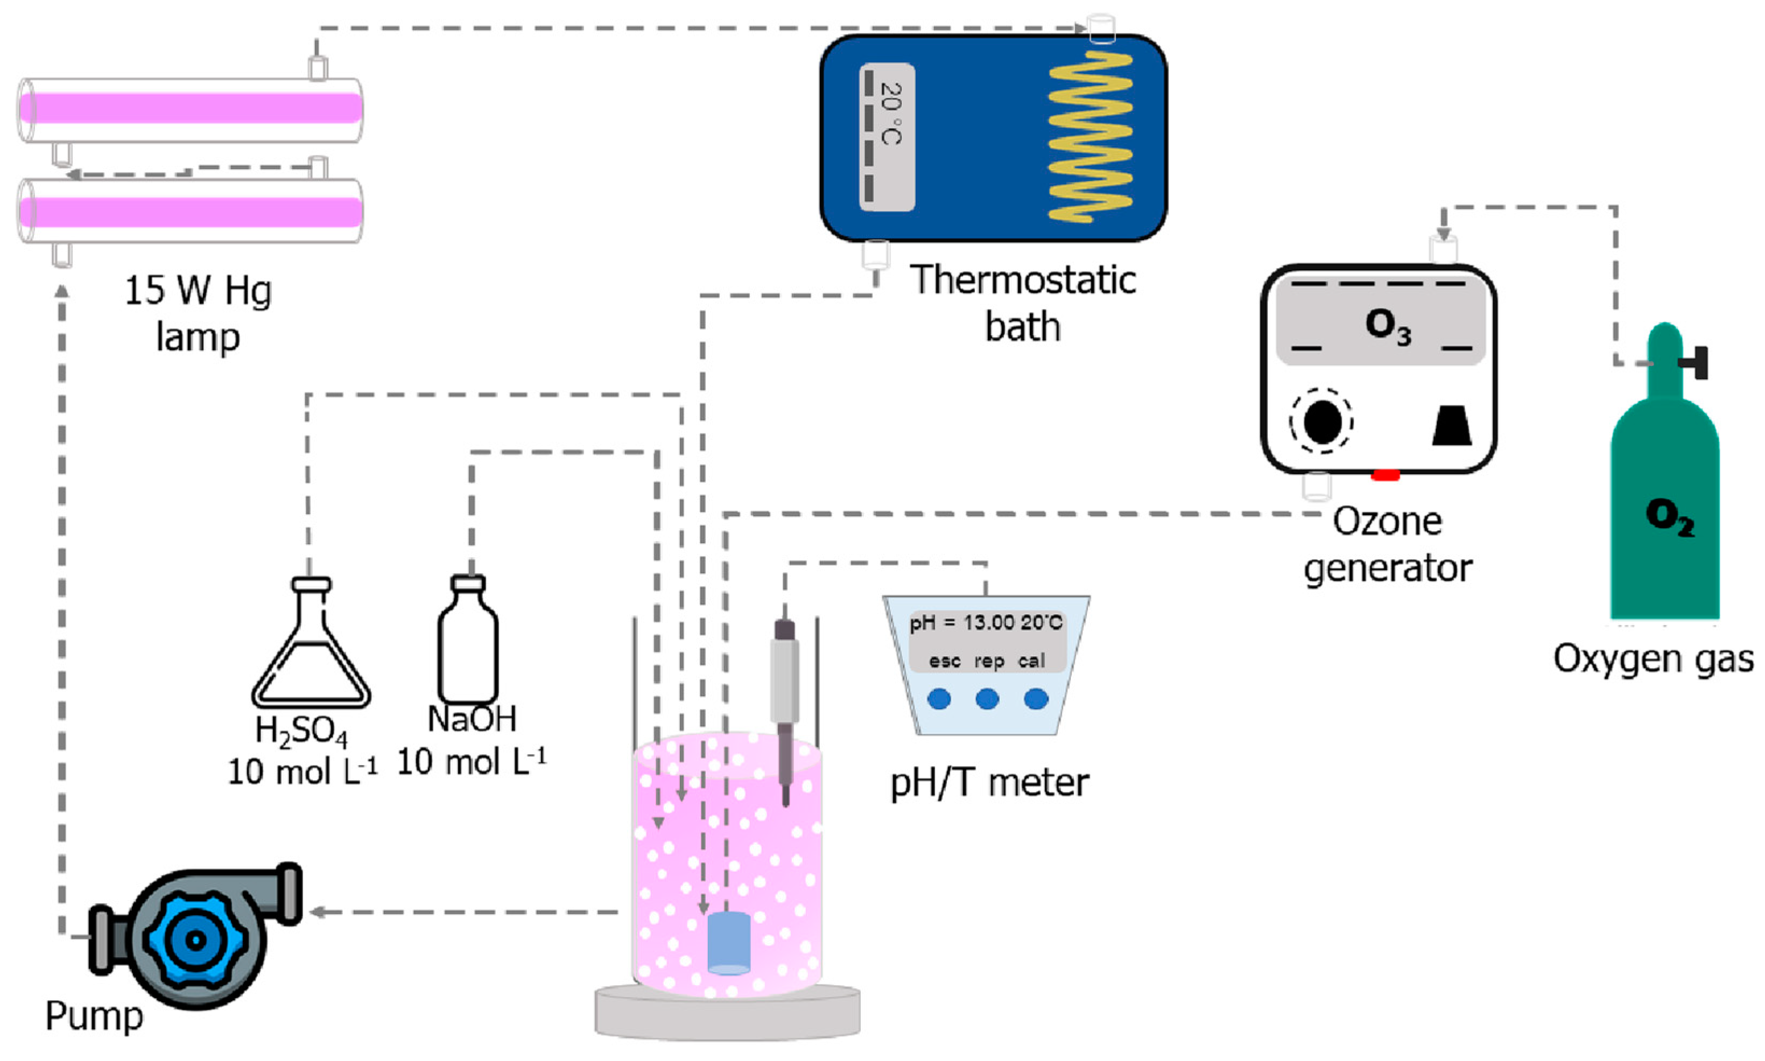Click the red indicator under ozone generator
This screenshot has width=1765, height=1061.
click(1384, 475)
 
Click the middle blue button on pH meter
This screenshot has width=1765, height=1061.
click(987, 699)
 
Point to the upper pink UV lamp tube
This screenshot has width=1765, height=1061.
click(190, 109)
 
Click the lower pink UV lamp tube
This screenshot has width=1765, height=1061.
click(190, 212)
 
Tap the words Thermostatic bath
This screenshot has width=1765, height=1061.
click(1022, 303)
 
